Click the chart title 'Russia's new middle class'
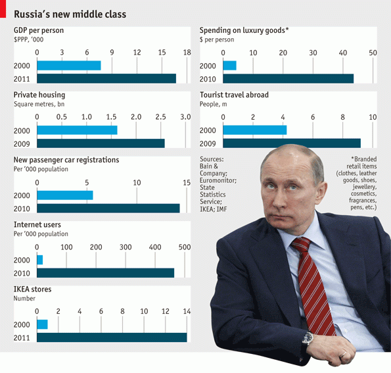(70, 14)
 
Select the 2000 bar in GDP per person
(68, 65)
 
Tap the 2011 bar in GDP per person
(106, 78)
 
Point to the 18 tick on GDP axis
(187, 52)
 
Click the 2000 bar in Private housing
(77, 130)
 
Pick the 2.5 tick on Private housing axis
(160, 116)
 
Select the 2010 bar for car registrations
(108, 208)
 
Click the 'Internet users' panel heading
(37, 225)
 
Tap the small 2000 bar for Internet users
(39, 260)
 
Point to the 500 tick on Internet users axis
(184, 247)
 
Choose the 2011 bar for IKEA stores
(111, 337)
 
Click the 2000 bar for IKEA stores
(42, 324)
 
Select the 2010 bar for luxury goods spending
(288, 78)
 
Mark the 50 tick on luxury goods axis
(373, 52)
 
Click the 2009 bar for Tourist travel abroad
(292, 143)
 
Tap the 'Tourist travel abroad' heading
(234, 95)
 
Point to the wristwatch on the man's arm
(307, 338)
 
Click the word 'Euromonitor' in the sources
(218, 180)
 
